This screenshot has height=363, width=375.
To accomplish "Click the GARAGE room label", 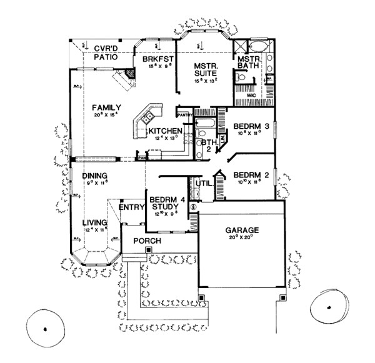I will click(242, 230).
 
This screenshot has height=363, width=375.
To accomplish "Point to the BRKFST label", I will click(156, 59).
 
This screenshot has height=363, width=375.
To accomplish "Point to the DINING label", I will click(94, 176).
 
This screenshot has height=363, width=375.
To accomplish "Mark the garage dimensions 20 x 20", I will click(242, 237).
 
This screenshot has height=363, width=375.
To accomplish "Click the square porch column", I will click(148, 251).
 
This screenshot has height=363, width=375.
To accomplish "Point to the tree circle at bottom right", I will click(328, 307).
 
